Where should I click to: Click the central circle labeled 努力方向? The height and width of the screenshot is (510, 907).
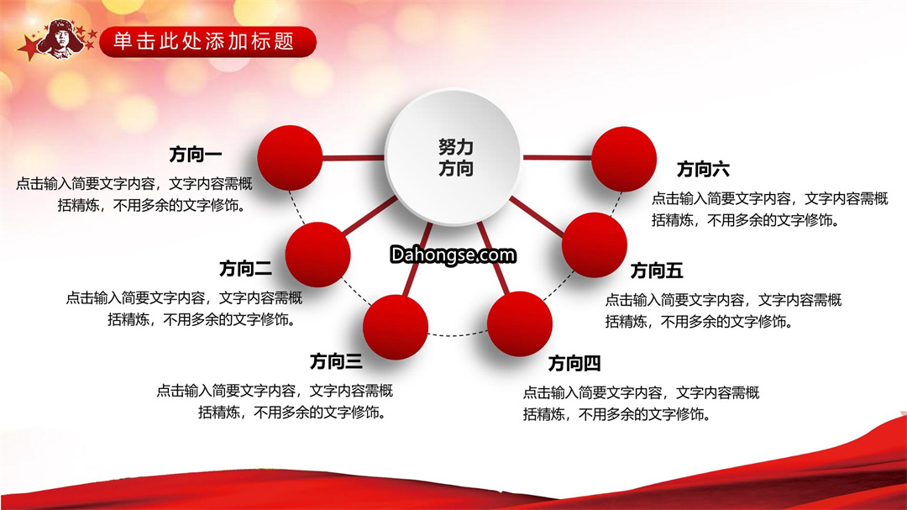(453, 157)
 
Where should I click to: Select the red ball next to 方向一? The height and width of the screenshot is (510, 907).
(290, 158)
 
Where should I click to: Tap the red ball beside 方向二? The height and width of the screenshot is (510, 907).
(317, 255)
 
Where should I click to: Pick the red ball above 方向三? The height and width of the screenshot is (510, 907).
(396, 327)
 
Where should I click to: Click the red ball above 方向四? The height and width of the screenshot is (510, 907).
(520, 324)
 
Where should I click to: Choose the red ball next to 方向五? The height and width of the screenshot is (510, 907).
(595, 244)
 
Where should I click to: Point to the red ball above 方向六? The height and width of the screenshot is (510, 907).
(623, 159)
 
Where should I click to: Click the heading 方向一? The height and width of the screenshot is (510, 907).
(196, 155)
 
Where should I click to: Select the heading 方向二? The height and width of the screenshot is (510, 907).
(245, 269)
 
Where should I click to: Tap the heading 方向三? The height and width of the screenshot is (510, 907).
(336, 361)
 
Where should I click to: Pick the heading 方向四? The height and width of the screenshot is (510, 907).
(574, 364)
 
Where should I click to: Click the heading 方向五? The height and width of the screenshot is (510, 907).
(657, 271)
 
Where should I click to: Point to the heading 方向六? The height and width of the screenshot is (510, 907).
(703, 169)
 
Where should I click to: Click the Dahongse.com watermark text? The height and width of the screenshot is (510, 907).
(453, 255)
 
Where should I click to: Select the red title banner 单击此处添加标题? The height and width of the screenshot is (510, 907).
(208, 42)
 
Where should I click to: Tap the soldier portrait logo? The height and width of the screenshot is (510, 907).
(60, 39)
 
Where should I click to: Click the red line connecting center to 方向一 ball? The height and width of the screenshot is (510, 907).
(354, 157)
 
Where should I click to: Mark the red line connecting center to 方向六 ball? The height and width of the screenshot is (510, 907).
(557, 157)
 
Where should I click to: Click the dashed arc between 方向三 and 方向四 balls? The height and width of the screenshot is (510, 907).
(458, 334)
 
